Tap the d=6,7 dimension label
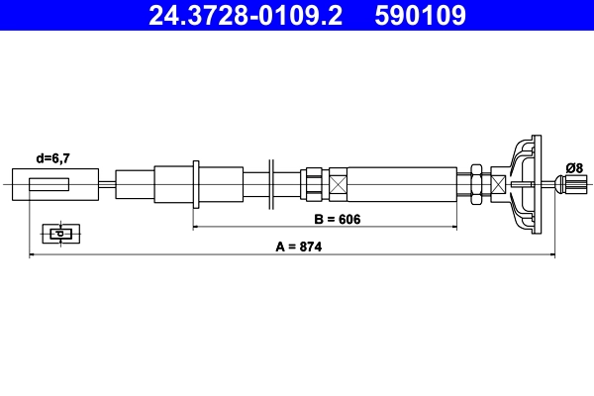pos(52,157)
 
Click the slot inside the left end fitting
pos(49,184)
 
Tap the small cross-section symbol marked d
pos(59,234)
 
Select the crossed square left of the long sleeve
pos(338,184)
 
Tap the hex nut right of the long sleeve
pos(476,184)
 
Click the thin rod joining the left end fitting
pos(107,184)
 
